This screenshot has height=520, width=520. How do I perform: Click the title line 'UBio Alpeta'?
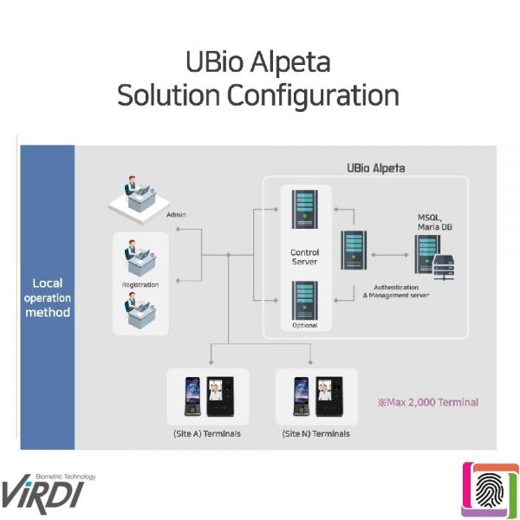pyautogui.click(x=258, y=63)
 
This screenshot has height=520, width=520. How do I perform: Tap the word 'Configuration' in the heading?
pyautogui.click(x=315, y=95)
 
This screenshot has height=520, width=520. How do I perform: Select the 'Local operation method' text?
pyautogui.click(x=47, y=296)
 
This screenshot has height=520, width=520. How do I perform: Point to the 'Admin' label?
pyautogui.click(x=176, y=214)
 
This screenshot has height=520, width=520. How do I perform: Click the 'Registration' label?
pyautogui.click(x=140, y=284)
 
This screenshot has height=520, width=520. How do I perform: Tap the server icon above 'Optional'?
pyautogui.click(x=303, y=300)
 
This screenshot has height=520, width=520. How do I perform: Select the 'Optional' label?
pyautogui.click(x=304, y=326)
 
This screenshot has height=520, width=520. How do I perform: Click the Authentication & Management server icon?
pyautogui.click(x=353, y=251)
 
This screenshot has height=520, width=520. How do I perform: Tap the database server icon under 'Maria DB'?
pyautogui.click(x=433, y=257)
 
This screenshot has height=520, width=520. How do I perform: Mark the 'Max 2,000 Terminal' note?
pyautogui.click(x=427, y=402)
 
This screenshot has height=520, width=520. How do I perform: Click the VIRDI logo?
pyautogui.click(x=48, y=489)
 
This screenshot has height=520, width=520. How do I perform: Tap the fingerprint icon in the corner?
pyautogui.click(x=491, y=491)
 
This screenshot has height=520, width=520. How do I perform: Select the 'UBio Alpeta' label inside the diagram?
pyautogui.click(x=375, y=168)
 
